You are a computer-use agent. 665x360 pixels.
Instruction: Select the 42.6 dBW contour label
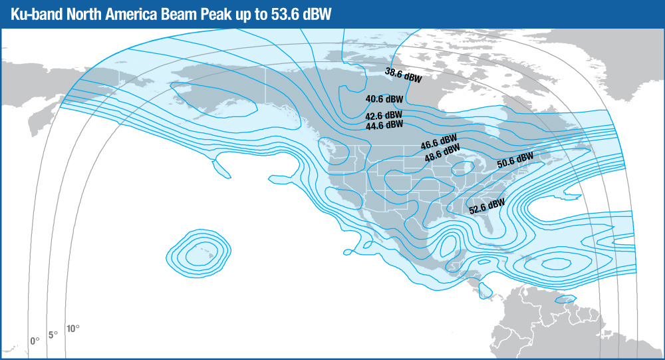pyautogui.click(x=384, y=115)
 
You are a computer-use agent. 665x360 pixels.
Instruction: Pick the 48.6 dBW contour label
pyautogui.click(x=442, y=156)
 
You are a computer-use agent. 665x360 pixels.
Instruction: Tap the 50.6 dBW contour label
pyautogui.click(x=516, y=160)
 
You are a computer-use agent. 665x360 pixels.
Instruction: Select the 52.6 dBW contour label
pyautogui.click(x=486, y=206)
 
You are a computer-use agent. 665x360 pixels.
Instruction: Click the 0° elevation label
pyautogui.click(x=35, y=340)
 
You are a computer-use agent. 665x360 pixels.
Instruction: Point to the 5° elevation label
pyautogui.click(x=53, y=334)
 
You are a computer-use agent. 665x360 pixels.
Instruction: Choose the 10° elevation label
pyautogui.click(x=72, y=329)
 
